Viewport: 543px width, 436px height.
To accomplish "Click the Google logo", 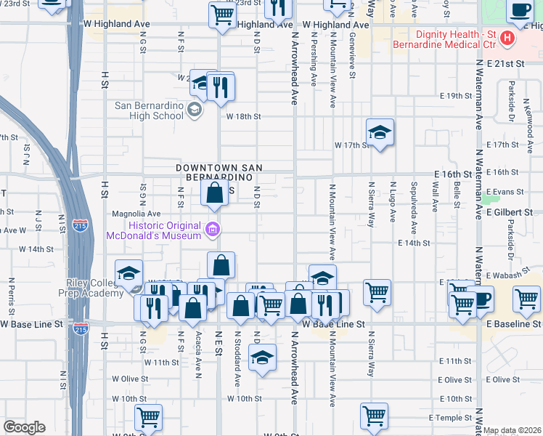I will pyautogui.click(x=24, y=427).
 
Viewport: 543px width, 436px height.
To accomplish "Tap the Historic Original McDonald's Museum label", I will pyautogui.click(x=153, y=231).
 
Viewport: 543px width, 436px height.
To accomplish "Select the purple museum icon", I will pyautogui.click(x=213, y=231).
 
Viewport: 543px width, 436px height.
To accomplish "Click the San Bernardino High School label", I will pyautogui.click(x=150, y=110).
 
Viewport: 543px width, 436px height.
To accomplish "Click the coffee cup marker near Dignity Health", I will pyautogui.click(x=520, y=12).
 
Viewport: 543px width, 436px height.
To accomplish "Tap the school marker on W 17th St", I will pyautogui.click(x=380, y=133).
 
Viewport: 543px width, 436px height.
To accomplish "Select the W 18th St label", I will pyautogui.click(x=243, y=116).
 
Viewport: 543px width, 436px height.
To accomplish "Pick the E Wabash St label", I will pyautogui.click(x=505, y=275).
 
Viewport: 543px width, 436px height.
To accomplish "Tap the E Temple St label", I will pyautogui.click(x=450, y=418).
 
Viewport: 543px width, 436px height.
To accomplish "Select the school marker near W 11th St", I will pyautogui.click(x=262, y=358).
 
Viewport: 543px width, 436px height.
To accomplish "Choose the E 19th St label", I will pyautogui.click(x=456, y=96).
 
